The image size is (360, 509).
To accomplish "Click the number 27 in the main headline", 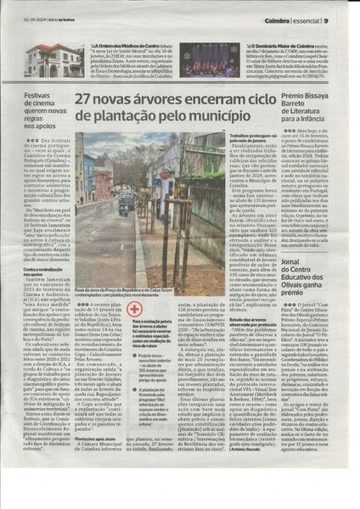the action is [x=84, y=99].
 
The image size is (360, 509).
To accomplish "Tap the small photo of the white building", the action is [x=42, y=60].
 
